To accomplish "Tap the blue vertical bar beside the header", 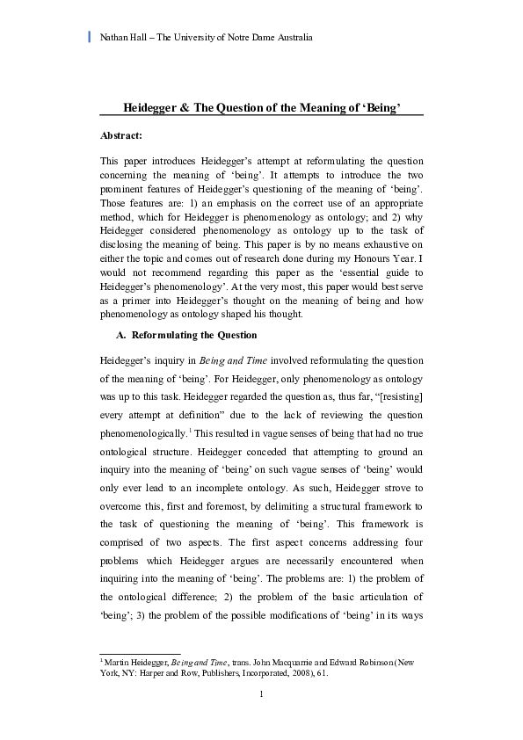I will pos(90,37).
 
